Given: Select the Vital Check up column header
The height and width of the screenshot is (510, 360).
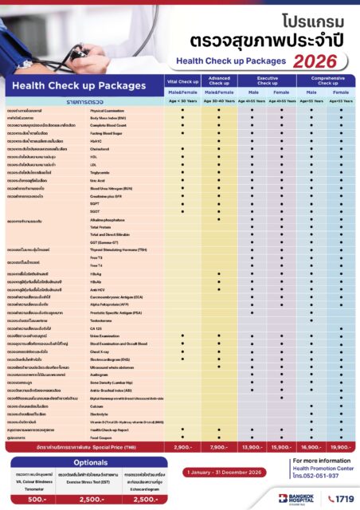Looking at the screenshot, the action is coord(182,82).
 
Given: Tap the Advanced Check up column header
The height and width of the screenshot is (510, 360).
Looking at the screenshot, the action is coord(219,82).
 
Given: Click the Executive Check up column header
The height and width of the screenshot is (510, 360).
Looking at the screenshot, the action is coord(267,82).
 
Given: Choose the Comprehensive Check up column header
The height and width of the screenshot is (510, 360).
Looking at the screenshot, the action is coord(326,82).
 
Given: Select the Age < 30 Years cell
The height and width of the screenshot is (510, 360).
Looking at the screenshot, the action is coord(182,101).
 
